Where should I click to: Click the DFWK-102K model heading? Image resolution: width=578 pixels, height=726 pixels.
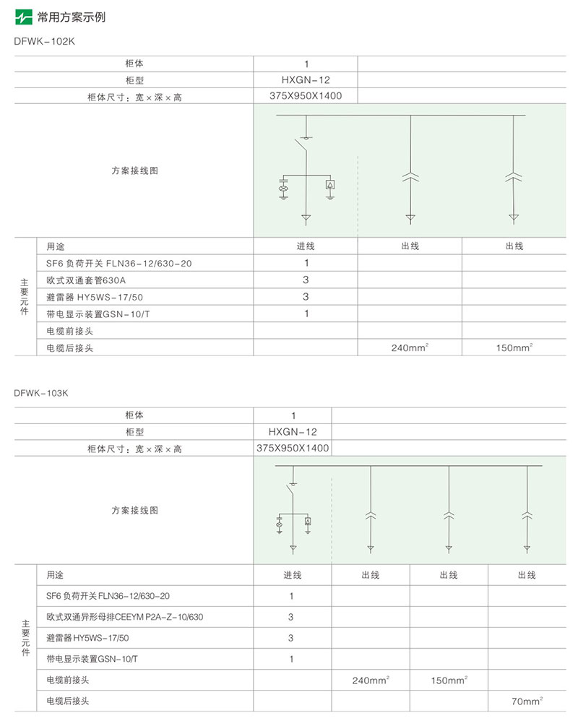[x=44, y=41]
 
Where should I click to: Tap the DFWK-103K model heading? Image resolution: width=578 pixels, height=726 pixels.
[x=44, y=393]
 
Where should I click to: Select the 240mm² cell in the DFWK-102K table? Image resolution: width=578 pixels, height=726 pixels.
[x=410, y=348]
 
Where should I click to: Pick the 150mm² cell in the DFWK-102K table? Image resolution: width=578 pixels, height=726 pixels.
[x=514, y=348]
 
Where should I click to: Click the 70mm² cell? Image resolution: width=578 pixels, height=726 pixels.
[x=527, y=701]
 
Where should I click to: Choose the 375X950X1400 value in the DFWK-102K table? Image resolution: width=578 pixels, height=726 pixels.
[x=306, y=96]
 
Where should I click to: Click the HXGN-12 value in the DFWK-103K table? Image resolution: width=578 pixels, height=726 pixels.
[x=293, y=432]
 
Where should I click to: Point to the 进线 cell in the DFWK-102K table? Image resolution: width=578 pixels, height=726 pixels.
[x=306, y=246]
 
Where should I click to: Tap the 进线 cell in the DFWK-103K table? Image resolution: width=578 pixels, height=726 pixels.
[x=292, y=575]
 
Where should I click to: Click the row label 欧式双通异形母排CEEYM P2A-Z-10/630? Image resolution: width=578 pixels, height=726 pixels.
[x=124, y=617]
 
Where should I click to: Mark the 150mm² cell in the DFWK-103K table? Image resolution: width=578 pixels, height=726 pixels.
[x=449, y=680]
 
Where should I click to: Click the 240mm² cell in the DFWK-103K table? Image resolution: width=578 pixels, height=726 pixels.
[x=371, y=680]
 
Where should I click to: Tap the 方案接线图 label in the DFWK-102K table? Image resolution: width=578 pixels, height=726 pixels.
[x=134, y=171]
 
